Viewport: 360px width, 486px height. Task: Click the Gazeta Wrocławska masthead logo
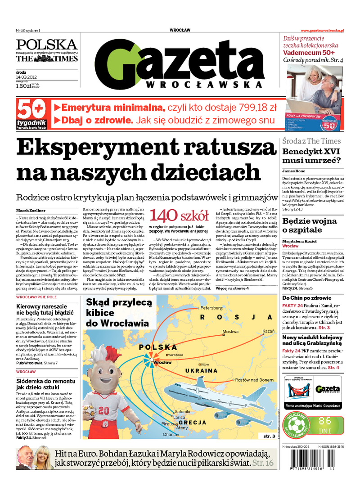180,63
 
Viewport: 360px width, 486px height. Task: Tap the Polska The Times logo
47,51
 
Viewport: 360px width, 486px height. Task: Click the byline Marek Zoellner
31,210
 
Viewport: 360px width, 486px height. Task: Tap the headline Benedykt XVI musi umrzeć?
311,156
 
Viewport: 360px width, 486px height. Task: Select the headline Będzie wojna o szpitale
310,225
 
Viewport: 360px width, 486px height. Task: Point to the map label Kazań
268,331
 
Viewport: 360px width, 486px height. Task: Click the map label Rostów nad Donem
254,380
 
